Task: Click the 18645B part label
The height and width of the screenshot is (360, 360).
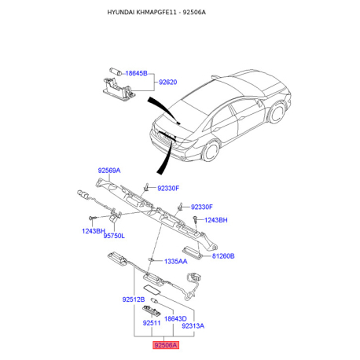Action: [x=135, y=72]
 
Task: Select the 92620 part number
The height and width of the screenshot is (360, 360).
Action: [x=169, y=82]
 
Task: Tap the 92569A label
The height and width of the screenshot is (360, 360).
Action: [x=109, y=171]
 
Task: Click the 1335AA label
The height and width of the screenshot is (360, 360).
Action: [x=175, y=261]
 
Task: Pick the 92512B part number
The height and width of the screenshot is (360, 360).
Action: [x=134, y=300]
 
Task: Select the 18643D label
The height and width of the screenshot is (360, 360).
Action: [x=175, y=318]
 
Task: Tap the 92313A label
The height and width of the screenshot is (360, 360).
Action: [x=193, y=325]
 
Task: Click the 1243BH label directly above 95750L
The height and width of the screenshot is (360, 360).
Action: [x=93, y=231]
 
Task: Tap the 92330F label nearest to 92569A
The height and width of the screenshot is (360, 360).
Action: [x=168, y=188]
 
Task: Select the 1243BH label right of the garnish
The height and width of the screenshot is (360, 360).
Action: [x=215, y=220]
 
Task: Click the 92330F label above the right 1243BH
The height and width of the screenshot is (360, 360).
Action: [x=202, y=207]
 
